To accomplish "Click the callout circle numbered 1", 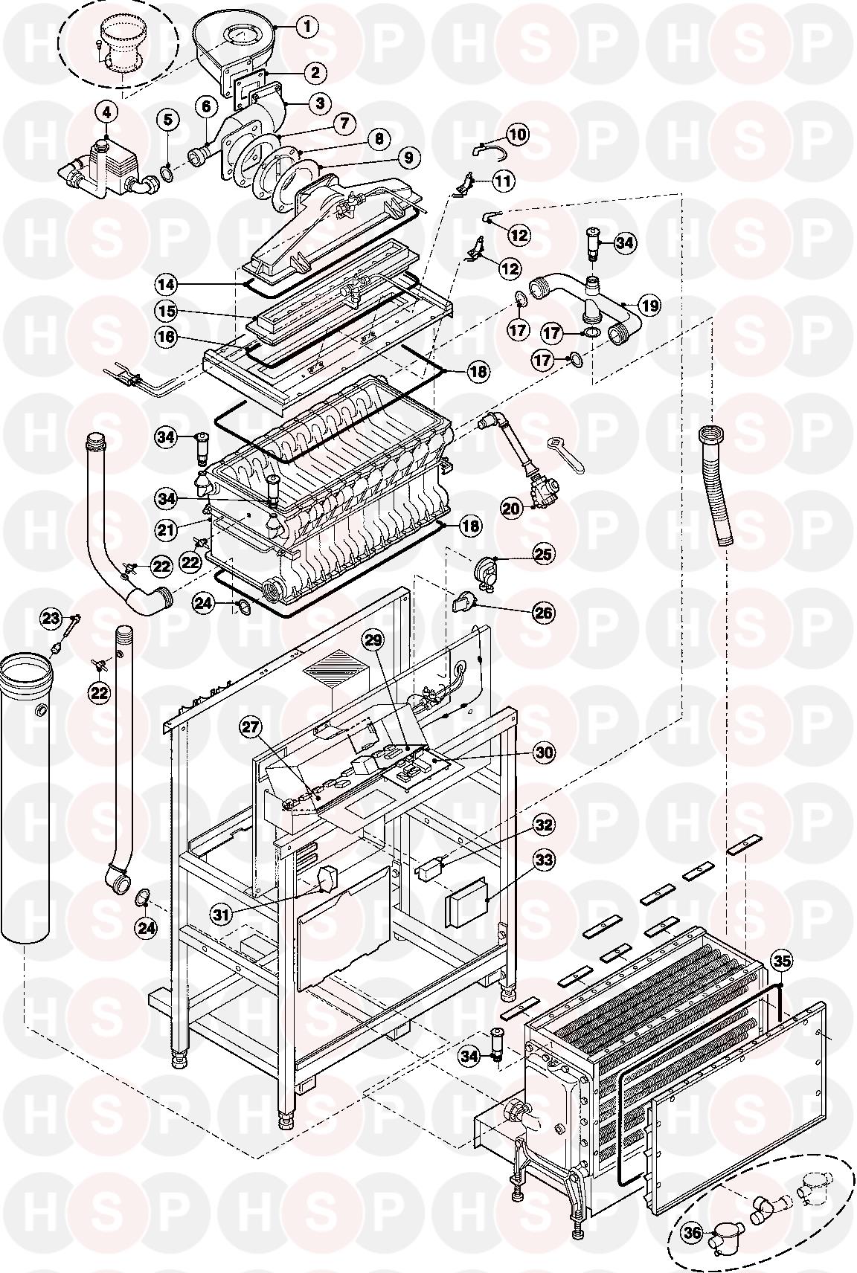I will point(306,26).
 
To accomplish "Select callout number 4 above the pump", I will point(106,112).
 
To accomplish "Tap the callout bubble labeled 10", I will point(517,134).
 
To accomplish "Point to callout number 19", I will point(649,306).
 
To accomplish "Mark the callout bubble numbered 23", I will point(51,618).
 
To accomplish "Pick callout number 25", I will point(544,553).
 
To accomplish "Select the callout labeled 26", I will point(544,613).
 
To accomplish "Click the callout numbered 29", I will point(375,639).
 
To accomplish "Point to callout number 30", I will point(545,752).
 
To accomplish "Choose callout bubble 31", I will point(221,914).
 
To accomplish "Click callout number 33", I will point(545,861).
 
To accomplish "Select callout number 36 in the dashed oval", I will point(693,1233).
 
